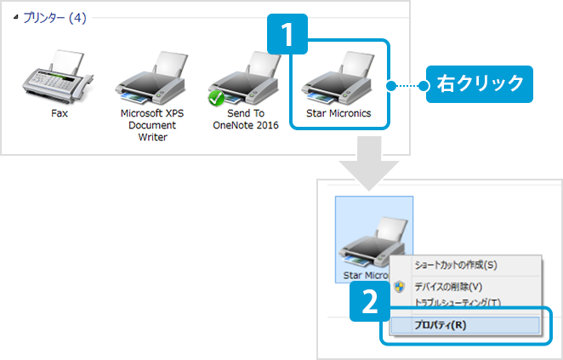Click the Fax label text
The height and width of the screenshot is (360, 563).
coord(59,112)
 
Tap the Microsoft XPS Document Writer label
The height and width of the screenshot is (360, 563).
coord(153,124)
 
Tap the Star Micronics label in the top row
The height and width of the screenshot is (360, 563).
coord(338,112)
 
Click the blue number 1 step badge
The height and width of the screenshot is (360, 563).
coord(287,37)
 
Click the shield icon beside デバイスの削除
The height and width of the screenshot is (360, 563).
coord(400,286)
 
